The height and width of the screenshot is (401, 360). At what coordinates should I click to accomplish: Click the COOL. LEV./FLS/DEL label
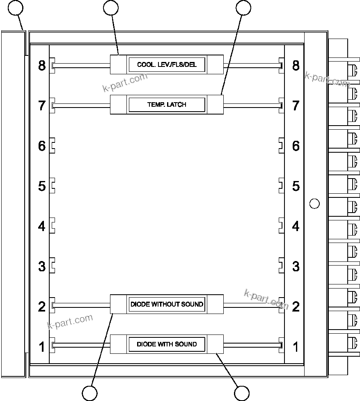pyautogui.click(x=167, y=65)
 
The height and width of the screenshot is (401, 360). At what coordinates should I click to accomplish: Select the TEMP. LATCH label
pyautogui.click(x=167, y=105)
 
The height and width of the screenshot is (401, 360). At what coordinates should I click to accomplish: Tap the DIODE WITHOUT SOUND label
pyautogui.click(x=167, y=304)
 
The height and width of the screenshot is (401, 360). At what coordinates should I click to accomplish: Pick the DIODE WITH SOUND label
pyautogui.click(x=167, y=344)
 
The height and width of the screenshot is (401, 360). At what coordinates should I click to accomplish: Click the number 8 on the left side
pyautogui.click(x=42, y=65)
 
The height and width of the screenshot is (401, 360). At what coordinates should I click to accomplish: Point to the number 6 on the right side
pyautogui.click(x=296, y=146)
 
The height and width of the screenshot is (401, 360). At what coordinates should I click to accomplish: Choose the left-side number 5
pyautogui.click(x=42, y=186)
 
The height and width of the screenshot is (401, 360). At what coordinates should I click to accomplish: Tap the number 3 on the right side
pyautogui.click(x=296, y=266)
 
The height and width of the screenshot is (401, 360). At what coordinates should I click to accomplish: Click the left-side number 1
pyautogui.click(x=42, y=347)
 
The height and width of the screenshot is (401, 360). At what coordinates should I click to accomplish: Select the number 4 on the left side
pyautogui.click(x=42, y=226)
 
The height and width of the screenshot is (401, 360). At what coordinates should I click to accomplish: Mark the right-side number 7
pyautogui.click(x=296, y=105)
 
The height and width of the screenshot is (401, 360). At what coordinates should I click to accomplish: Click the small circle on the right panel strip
pyautogui.click(x=314, y=203)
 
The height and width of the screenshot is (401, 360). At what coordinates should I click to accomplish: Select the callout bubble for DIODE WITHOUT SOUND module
pyautogui.click(x=90, y=393)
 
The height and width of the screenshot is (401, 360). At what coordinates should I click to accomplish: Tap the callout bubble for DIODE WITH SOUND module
pyautogui.click(x=241, y=393)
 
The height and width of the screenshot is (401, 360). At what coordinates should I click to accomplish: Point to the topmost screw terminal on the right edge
pyautogui.click(x=352, y=69)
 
